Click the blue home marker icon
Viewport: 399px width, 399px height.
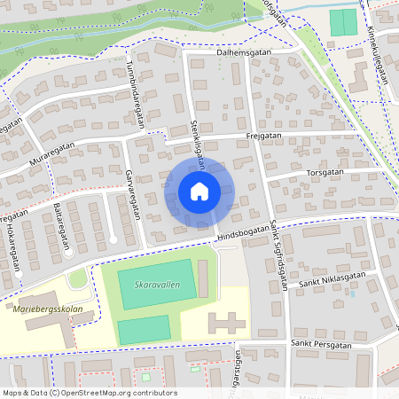pyautogui.click(x=199, y=191)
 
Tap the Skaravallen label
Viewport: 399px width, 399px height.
pyautogui.click(x=154, y=286)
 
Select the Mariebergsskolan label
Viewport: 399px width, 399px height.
pyautogui.click(x=48, y=310)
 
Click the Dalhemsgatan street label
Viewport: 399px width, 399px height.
pyautogui.click(x=242, y=52)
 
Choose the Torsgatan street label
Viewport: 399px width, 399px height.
pyautogui.click(x=325, y=172)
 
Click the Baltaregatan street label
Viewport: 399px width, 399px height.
pyautogui.click(x=59, y=219)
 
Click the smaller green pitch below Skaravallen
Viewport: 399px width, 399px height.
pyautogui.click(x=144, y=330)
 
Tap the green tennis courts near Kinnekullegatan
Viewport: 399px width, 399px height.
pyautogui.click(x=342, y=23)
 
